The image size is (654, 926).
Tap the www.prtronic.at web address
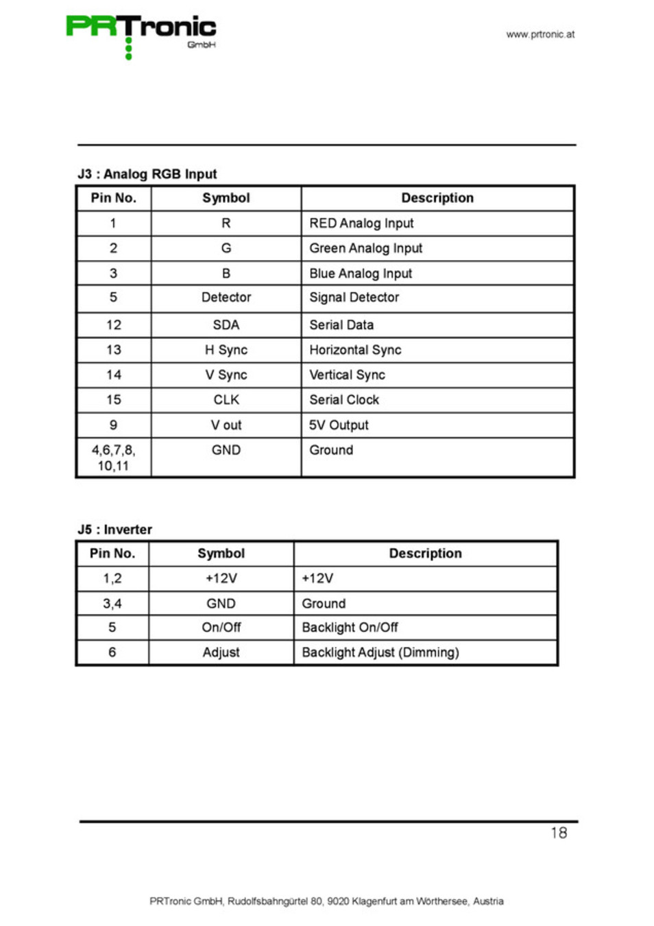click(540, 34)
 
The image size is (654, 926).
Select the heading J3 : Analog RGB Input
click(147, 174)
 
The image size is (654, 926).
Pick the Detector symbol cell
click(226, 298)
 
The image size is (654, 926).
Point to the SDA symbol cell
click(226, 325)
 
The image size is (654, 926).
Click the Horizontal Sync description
click(355, 350)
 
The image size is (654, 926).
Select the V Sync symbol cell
click(226, 375)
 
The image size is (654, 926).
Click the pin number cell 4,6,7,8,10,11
click(114, 458)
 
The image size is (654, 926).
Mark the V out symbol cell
click(226, 425)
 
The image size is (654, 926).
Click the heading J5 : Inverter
click(115, 530)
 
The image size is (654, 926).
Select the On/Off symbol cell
click(221, 628)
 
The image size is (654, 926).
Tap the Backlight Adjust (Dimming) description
click(380, 652)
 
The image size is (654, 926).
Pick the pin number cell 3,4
click(112, 604)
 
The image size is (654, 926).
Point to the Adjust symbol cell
click(221, 652)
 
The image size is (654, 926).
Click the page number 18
click(559, 833)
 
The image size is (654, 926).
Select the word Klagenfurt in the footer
click(374, 901)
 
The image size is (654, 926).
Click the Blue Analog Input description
click(361, 274)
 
